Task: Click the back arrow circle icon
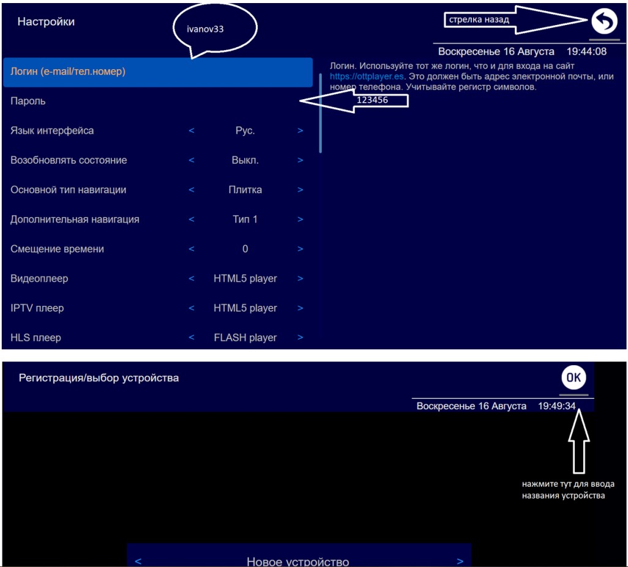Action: [604, 21]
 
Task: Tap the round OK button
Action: [574, 377]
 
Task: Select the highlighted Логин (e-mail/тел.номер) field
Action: [158, 72]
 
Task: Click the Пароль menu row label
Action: [28, 101]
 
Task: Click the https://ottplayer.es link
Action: [367, 76]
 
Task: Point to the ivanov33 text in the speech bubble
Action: [205, 29]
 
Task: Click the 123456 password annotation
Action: [373, 100]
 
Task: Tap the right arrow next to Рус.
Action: [300, 130]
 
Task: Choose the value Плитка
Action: [245, 190]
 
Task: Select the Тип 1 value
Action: [245, 220]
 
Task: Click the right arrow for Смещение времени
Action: [300, 249]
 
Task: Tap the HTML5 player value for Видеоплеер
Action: [245, 278]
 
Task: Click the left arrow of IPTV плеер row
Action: [192, 308]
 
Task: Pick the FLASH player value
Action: [245, 338]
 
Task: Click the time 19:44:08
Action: [586, 51]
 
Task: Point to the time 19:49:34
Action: [557, 406]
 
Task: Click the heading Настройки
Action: [46, 21]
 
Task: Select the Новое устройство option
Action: [298, 561]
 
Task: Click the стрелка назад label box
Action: [479, 20]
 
